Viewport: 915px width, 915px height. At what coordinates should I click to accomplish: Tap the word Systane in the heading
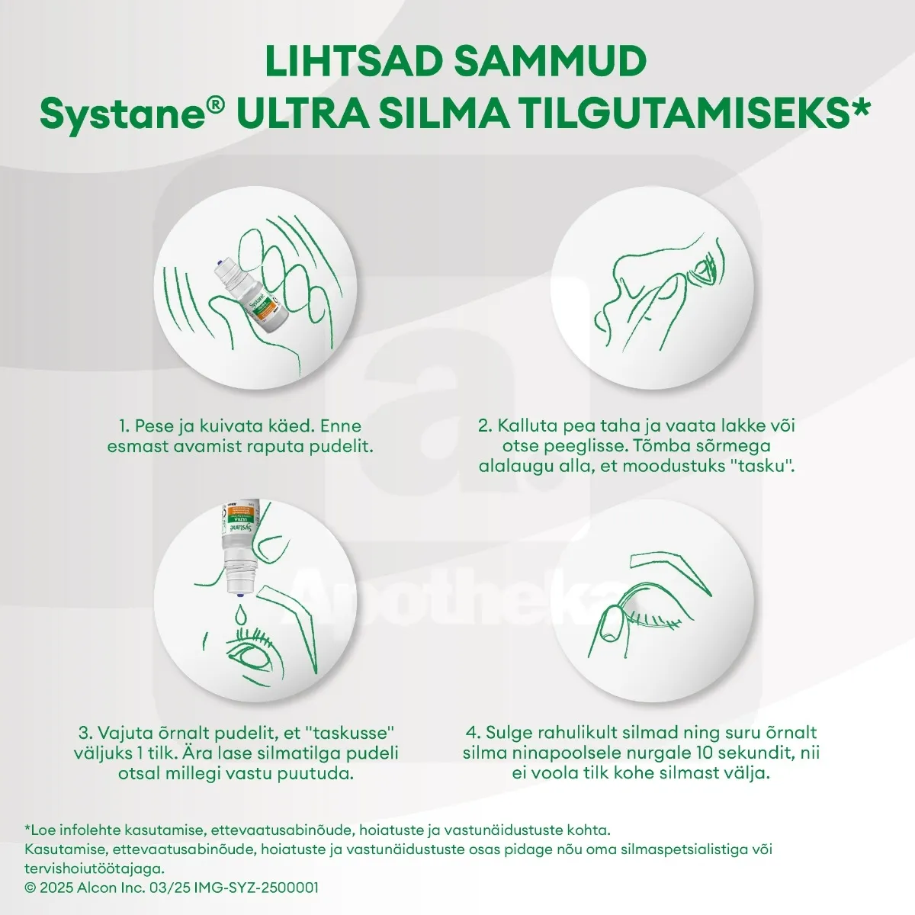[x=122, y=115]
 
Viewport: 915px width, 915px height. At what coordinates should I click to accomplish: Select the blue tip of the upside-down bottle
[x=239, y=587]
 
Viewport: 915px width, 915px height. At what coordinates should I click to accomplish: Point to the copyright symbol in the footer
[x=30, y=888]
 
